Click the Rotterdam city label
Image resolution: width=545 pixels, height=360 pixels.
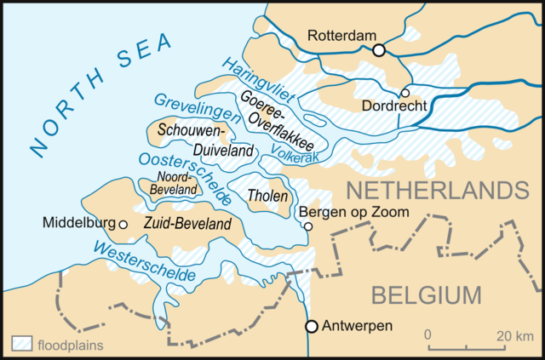340,36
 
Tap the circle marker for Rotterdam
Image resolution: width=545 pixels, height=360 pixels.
379,50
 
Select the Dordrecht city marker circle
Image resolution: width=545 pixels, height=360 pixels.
405,93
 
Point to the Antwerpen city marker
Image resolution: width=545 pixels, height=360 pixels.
312,326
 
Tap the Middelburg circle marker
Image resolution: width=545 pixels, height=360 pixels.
123,224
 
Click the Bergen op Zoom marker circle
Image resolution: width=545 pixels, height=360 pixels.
308,226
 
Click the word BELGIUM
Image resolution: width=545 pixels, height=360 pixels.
426,296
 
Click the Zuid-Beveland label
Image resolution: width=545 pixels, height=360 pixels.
187,224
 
